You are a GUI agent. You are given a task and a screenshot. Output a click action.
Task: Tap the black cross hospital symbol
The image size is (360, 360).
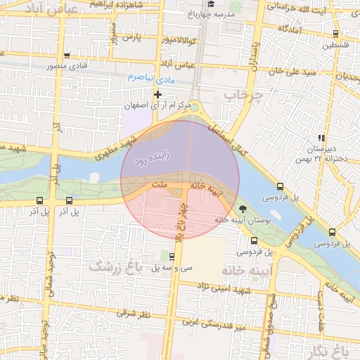click(157, 94)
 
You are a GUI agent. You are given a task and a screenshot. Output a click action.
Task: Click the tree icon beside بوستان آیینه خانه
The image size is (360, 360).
click(243, 209)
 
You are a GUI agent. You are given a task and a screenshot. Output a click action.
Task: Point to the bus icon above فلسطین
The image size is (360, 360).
click(335, 33)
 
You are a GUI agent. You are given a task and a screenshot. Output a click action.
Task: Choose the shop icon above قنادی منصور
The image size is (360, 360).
click(67, 56)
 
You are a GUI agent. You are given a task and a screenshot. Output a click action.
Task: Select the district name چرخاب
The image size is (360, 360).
click(243, 94)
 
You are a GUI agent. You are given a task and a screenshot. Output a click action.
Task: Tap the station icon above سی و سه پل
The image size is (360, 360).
click(173, 256)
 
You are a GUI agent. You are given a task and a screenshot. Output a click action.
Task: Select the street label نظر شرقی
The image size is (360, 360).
click(136, 311)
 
